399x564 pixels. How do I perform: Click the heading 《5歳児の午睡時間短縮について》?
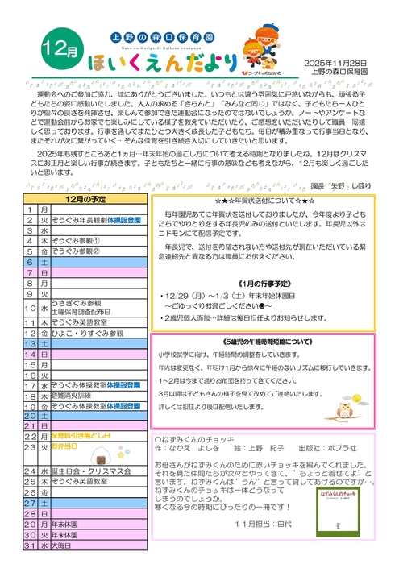coord(271,340)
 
